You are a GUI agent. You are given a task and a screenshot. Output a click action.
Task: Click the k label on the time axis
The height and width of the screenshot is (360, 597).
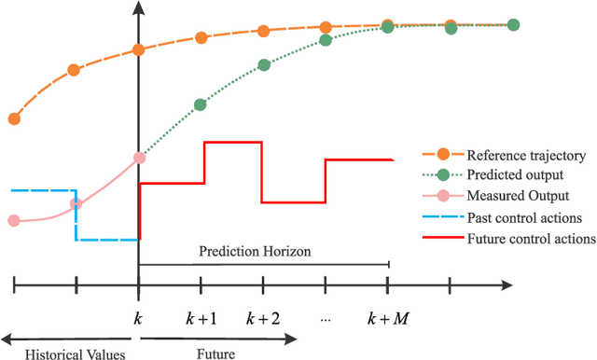click(x=138, y=319)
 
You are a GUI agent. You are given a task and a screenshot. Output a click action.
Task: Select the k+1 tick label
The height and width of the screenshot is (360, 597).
click(x=201, y=319)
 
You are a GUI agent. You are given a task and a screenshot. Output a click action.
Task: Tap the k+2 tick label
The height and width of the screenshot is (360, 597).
click(x=263, y=319)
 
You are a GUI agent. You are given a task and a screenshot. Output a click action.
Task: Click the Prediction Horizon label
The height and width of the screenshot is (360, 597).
click(x=255, y=252)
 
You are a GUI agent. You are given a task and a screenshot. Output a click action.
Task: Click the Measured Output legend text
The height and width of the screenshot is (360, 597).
click(x=519, y=196)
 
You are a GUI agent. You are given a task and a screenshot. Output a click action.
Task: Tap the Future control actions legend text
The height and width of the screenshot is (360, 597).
click(x=531, y=239)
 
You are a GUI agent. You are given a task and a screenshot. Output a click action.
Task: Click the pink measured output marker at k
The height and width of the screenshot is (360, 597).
click(x=139, y=158)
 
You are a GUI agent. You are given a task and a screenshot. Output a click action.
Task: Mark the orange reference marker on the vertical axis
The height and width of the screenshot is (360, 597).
click(x=139, y=49)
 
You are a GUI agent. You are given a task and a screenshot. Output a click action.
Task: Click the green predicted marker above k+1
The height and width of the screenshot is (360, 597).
click(x=201, y=106)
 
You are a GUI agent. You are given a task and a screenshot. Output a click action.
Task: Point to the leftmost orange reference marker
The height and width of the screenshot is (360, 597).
click(x=14, y=118)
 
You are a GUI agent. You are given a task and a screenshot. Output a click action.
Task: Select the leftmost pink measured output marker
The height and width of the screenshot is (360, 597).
click(x=14, y=221)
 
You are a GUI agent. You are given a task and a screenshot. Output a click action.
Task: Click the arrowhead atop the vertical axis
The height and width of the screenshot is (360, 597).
click(x=139, y=9)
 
